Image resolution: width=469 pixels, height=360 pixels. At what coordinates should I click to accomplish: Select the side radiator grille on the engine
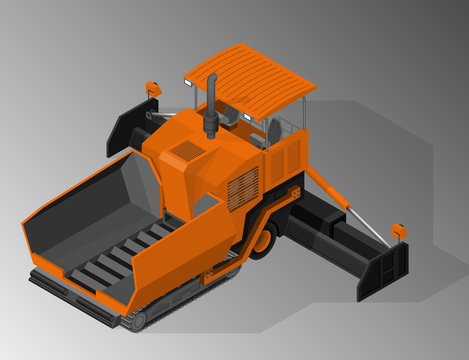tap(243, 187)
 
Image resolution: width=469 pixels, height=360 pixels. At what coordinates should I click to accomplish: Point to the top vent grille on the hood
tap(187, 151)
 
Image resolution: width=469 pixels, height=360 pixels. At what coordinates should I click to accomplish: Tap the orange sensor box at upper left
tap(153, 89)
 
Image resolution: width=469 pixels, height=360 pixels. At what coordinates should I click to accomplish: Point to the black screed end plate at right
tap(385, 270)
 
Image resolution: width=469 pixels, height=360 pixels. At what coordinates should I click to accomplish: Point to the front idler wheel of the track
tap(133, 321)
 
